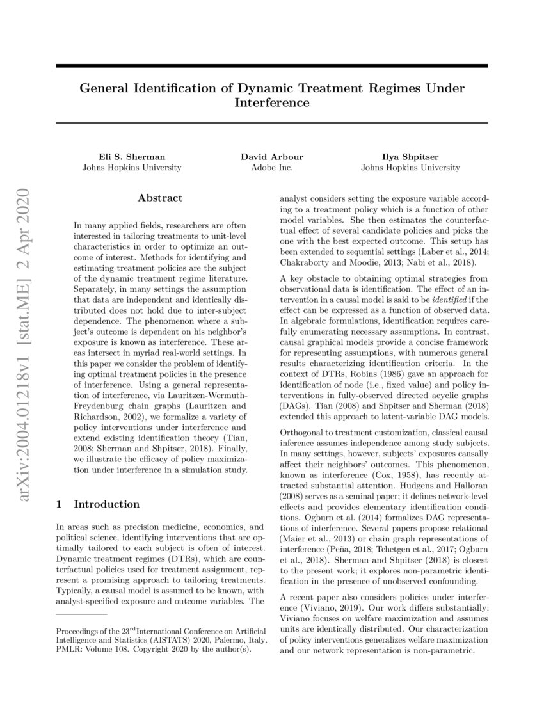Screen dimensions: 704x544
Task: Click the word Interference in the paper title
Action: [x=272, y=103]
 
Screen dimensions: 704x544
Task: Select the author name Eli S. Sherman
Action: [x=132, y=156]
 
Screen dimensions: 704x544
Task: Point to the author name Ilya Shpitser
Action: [x=410, y=156]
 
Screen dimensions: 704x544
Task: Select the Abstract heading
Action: [x=160, y=198]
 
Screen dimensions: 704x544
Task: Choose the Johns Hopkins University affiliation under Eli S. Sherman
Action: [x=132, y=168]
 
